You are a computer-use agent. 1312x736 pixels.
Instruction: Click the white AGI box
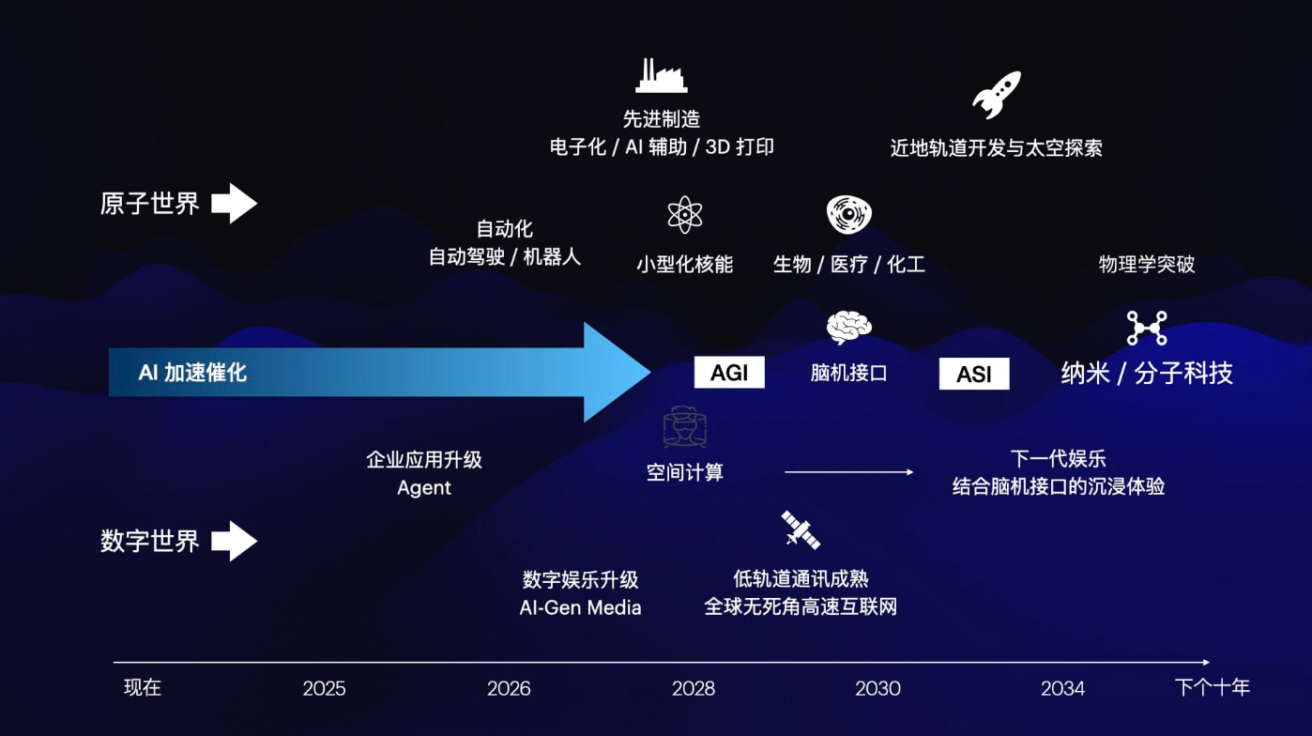click(x=729, y=373)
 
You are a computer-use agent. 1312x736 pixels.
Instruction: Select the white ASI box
click(x=974, y=374)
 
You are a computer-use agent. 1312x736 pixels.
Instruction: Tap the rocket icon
click(x=996, y=95)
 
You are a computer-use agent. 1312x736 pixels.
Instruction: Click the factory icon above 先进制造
click(x=661, y=76)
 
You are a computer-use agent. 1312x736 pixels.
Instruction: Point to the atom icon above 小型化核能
click(x=685, y=215)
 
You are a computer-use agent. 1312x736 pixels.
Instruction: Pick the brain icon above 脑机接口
click(x=849, y=328)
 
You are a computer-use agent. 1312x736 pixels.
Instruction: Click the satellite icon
click(x=801, y=530)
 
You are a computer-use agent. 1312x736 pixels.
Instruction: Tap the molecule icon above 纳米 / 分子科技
click(x=1147, y=329)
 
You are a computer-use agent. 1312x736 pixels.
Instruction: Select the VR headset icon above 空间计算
click(x=684, y=428)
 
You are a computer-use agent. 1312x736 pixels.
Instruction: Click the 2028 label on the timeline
click(x=694, y=689)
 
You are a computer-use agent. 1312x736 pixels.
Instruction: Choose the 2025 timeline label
click(x=324, y=689)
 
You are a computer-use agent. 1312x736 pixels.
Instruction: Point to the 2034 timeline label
click(x=1062, y=689)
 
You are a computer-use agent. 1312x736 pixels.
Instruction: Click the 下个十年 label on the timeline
click(x=1213, y=688)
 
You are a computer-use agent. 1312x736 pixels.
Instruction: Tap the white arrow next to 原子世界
click(x=234, y=204)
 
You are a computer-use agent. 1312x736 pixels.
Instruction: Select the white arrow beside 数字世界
click(x=234, y=542)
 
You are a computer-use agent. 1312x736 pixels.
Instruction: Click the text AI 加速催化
click(x=192, y=373)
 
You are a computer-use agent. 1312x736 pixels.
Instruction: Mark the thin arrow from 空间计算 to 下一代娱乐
click(x=848, y=472)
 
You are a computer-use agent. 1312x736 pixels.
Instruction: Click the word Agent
click(x=424, y=488)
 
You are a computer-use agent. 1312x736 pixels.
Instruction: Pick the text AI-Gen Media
click(x=580, y=607)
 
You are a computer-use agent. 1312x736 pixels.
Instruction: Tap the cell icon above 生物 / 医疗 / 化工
click(x=849, y=215)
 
